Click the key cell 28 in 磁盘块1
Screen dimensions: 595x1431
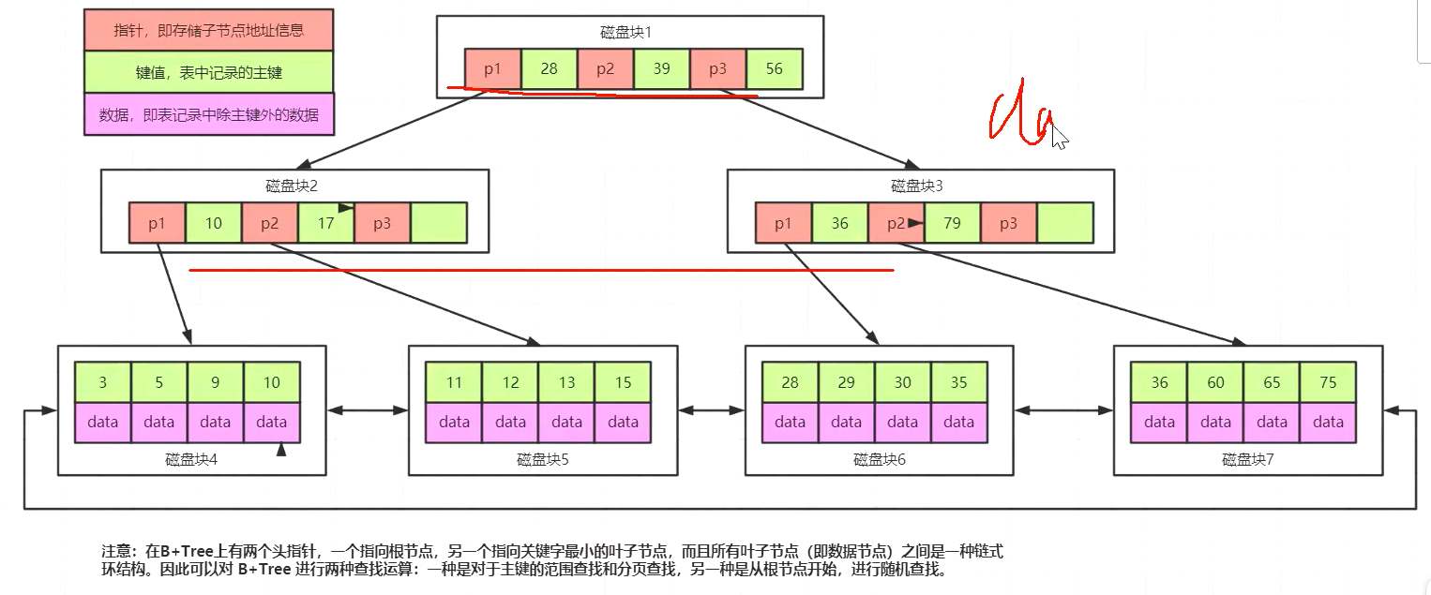coord(550,68)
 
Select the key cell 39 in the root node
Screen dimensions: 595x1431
coord(662,68)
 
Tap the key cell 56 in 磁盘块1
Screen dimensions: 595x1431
coord(775,68)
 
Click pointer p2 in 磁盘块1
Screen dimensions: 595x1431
coord(606,68)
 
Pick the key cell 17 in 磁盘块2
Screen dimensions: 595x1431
coord(325,223)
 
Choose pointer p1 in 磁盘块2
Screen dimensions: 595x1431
coord(158,223)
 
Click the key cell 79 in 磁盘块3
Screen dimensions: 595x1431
coord(953,223)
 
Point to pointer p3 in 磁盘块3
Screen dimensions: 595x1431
coord(1009,223)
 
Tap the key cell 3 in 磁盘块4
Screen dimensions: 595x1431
coord(103,382)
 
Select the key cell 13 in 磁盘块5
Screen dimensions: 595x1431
coord(566,382)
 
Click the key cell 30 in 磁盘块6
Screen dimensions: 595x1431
coord(902,382)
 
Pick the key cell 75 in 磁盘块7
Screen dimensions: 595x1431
coord(1328,382)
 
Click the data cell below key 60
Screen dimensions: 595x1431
coord(1215,422)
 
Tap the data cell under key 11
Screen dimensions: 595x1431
coord(454,422)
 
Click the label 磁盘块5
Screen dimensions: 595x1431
coord(543,460)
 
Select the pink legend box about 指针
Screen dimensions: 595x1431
coord(209,30)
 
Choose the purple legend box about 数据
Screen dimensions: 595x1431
coord(209,115)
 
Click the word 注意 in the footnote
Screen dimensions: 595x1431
coord(117,551)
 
